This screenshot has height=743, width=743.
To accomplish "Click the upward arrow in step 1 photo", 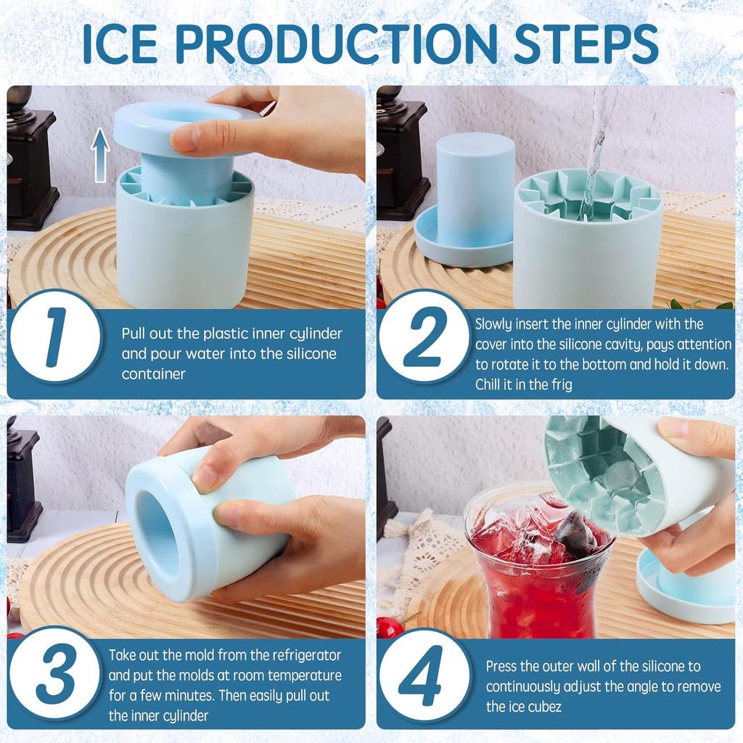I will tap(100, 155).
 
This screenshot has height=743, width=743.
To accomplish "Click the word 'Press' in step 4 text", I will tap(502, 665).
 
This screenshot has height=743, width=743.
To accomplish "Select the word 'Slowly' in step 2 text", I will tap(495, 324).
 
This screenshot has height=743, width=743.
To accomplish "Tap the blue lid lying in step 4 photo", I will tap(686, 588).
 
